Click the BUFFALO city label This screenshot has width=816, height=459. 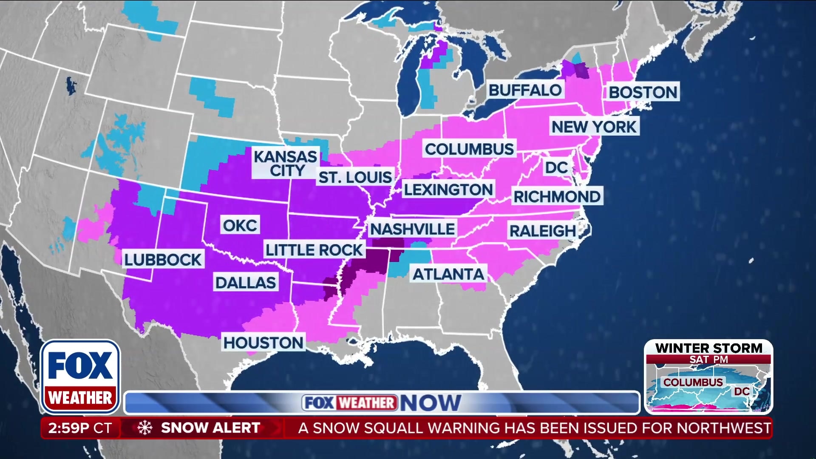tap(525, 91)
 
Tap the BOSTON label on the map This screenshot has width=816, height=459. tap(643, 92)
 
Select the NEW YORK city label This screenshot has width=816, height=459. tap(594, 127)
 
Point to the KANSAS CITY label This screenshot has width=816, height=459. tap(285, 163)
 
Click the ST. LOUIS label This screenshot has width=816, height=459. tap(355, 177)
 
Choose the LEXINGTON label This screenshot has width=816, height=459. tap(448, 190)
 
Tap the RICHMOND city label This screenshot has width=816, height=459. tap(557, 197)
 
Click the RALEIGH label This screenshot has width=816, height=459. tap(543, 231)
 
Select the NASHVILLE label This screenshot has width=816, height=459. tap(412, 229)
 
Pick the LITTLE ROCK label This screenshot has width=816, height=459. tap(314, 250)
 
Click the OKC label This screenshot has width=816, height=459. tap(240, 226)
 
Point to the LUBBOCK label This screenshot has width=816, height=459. tap(163, 260)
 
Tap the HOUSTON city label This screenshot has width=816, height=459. tap(263, 343)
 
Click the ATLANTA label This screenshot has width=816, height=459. tap(448, 275)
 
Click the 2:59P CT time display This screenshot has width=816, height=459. tap(80, 428)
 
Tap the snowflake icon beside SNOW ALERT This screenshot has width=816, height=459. tap(144, 428)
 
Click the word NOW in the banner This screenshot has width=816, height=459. tap(430, 403)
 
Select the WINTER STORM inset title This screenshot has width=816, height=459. tap(708, 348)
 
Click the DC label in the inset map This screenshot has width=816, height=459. tap(742, 391)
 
